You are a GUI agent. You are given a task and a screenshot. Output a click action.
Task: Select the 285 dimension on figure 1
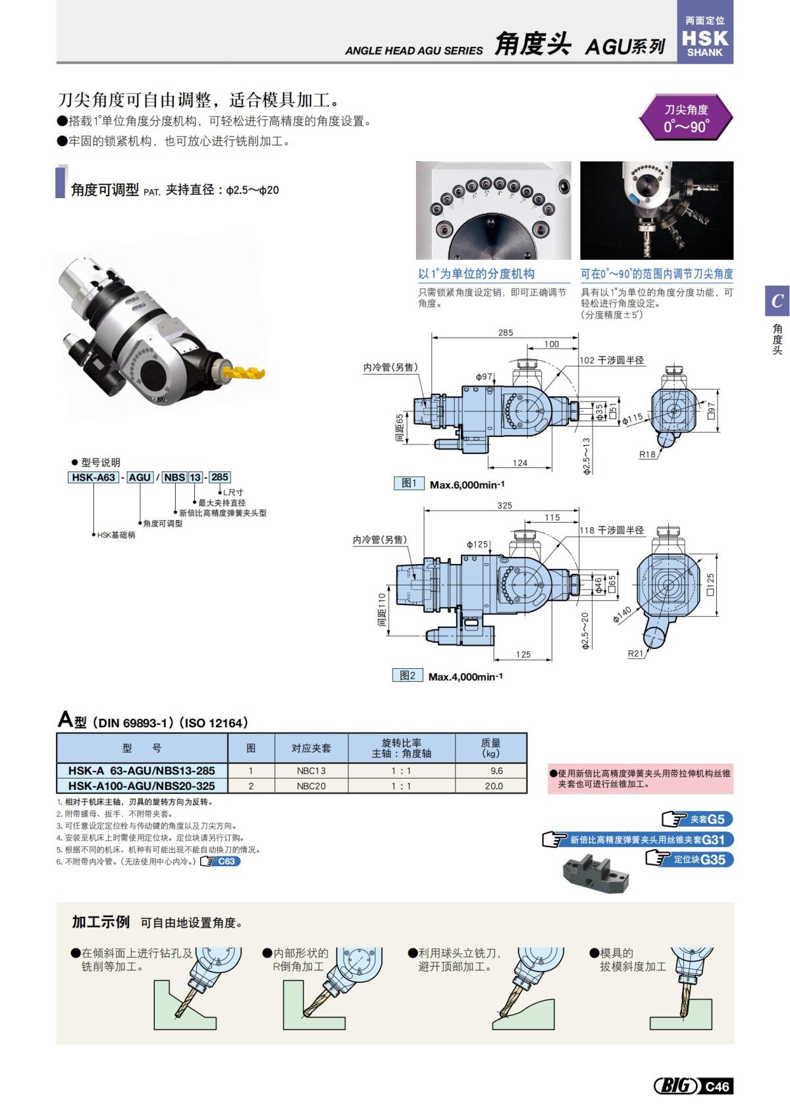point(506,332)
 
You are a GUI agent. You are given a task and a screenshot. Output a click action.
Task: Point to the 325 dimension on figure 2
point(504,506)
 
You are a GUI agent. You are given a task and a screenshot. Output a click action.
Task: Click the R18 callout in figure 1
point(648,454)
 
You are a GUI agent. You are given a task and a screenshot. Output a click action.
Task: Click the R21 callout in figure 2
point(636,653)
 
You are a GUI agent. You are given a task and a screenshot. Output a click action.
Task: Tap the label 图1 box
point(409,484)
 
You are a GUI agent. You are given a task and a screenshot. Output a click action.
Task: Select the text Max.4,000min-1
point(465,677)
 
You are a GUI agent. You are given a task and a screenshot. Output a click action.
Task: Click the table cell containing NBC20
point(311,786)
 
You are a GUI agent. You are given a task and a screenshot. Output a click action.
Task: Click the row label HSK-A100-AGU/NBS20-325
point(142,786)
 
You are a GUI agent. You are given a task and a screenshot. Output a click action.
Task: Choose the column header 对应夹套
point(311,748)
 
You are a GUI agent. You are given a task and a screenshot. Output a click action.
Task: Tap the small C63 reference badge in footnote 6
point(226,861)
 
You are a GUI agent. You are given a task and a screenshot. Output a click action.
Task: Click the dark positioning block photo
point(596,875)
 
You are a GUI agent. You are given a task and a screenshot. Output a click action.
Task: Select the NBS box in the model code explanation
point(174,477)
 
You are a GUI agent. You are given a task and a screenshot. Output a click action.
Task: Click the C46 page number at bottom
point(717,1086)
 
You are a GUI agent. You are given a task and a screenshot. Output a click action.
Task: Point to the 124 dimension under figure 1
point(520,463)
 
